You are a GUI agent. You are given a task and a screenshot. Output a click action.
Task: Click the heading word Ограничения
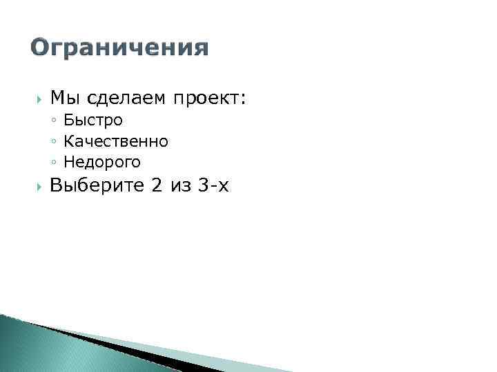click(119, 48)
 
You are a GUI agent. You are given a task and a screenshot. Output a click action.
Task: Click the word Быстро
click(93, 121)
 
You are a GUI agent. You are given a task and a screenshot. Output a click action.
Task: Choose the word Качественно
click(115, 141)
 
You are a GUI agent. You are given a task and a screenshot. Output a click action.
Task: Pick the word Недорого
click(102, 163)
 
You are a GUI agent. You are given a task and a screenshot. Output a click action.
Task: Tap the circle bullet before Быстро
click(54, 121)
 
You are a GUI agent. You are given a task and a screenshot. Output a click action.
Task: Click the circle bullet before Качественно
click(54, 142)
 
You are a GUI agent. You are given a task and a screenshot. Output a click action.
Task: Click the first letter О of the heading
click(41, 48)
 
